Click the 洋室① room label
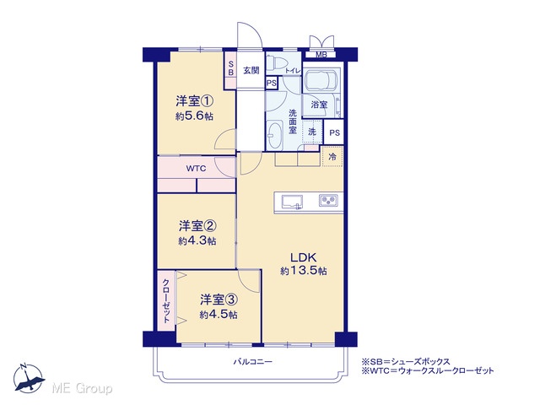195,101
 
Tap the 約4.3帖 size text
197,240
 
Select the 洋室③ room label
219,300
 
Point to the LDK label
304,257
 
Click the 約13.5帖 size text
304,271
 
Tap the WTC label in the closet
196,169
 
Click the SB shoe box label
230,68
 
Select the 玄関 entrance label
251,70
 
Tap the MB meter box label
321,55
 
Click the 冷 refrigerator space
332,156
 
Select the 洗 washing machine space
312,132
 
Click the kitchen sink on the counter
292,202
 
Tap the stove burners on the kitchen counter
328,201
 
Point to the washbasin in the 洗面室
275,135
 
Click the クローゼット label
166,300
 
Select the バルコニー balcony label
253,362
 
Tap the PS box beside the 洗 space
334,132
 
